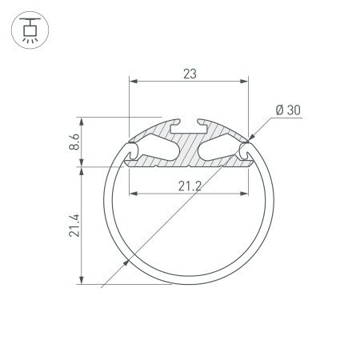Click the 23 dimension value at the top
(190, 73)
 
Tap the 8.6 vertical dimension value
(74, 143)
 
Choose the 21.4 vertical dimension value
(74, 226)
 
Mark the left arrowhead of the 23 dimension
(133, 82)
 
